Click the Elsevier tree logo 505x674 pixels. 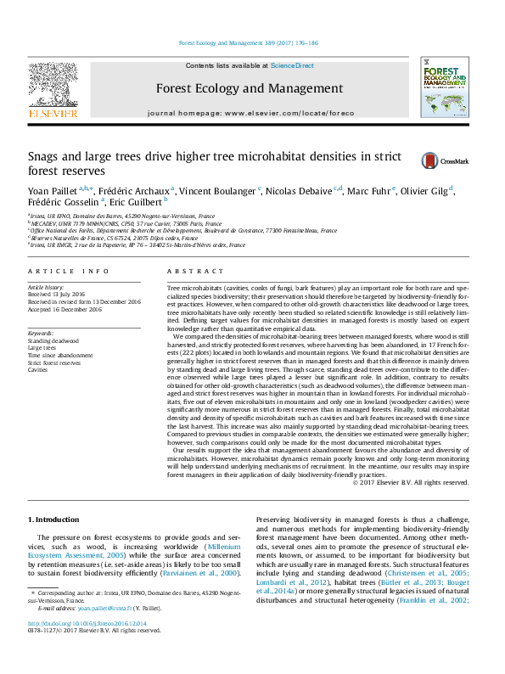tap(53, 86)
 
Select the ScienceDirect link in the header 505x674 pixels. tap(292, 65)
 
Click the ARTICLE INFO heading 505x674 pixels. tap(69, 271)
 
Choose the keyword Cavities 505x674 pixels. tap(38, 370)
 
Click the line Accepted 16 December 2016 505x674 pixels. tap(65, 309)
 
